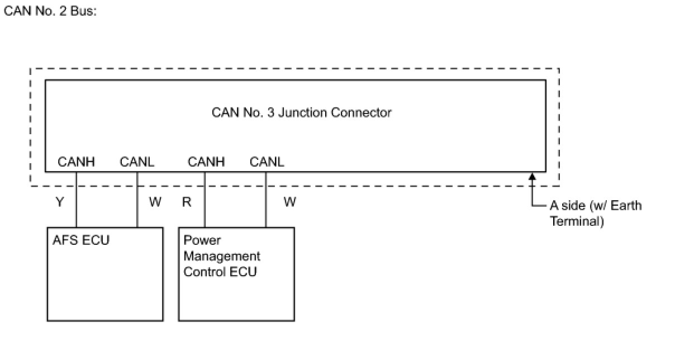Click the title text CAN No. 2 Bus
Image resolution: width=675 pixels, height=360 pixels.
tap(50, 12)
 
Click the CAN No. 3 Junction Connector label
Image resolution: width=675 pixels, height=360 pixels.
tap(301, 112)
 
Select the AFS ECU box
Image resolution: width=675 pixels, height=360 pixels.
tap(105, 280)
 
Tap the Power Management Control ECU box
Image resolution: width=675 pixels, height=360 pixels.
tap(236, 291)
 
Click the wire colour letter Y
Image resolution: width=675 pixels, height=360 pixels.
tap(60, 202)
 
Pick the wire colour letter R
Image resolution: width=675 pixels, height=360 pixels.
tap(187, 202)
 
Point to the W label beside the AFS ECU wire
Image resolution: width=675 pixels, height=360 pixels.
tap(155, 202)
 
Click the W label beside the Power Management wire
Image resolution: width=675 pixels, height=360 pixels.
tap(289, 202)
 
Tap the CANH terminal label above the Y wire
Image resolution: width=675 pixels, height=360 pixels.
tap(76, 162)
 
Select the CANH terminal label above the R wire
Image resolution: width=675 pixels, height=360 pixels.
tap(206, 162)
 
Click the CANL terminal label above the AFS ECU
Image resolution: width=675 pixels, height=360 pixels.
tap(137, 162)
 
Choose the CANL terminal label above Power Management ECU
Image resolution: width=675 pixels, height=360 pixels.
tap(267, 162)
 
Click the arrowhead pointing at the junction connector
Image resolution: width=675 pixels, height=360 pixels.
tap(532, 176)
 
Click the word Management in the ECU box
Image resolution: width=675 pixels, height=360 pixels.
tap(222, 257)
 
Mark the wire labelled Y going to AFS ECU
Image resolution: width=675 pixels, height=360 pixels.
tap(76, 202)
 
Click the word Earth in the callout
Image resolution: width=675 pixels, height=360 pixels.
tap(626, 205)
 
